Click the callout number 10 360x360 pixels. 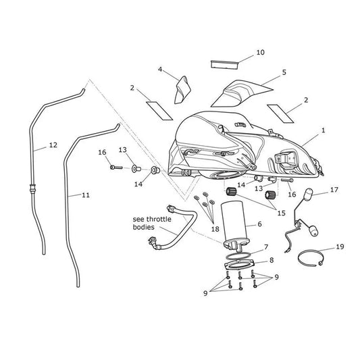point(260,53)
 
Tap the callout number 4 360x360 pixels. point(160,69)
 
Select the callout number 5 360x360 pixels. point(284,72)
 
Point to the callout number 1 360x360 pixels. point(324,130)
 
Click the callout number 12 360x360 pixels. point(53,145)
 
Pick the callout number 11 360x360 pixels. point(86,195)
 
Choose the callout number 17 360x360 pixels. point(334,190)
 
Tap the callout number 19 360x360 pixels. point(340,247)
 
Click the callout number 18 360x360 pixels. point(215,229)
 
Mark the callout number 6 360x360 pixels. point(259,224)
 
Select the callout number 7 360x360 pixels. point(266,247)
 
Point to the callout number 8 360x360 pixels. point(272,260)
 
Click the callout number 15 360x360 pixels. point(281,213)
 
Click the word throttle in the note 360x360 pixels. point(159,220)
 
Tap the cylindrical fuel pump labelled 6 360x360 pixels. point(234,220)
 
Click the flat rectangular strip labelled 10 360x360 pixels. point(224,65)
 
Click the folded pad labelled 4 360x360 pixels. point(182,90)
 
